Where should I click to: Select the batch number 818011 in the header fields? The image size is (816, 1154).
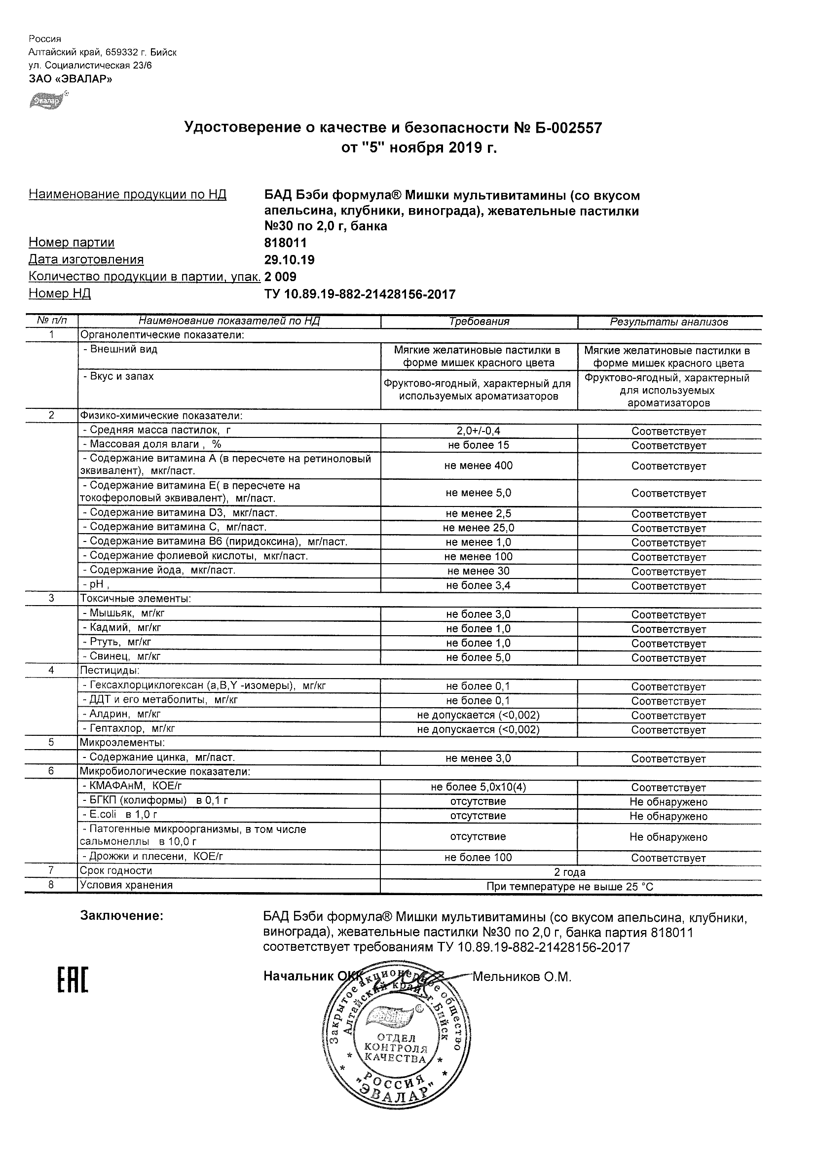tap(285, 243)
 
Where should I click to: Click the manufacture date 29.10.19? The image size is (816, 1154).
tap(289, 260)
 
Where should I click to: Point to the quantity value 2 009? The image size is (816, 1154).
tap(280, 277)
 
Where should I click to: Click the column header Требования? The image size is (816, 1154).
tap(479, 322)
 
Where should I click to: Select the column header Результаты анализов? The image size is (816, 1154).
tap(668, 322)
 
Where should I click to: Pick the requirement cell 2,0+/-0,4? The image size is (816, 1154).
tap(479, 431)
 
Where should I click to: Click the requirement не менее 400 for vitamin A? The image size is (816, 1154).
tap(479, 466)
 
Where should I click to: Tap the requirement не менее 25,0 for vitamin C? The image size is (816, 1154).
tap(479, 528)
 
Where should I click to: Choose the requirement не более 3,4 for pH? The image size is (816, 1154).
tap(479, 585)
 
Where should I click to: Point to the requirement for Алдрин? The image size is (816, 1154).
tap(479, 715)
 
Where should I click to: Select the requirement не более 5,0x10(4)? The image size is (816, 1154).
tap(479, 787)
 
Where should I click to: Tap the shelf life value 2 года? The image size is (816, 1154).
tap(570, 872)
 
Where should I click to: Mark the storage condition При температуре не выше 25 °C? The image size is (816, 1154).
tap(570, 887)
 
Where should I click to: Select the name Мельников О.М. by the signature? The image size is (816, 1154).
tap(522, 977)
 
